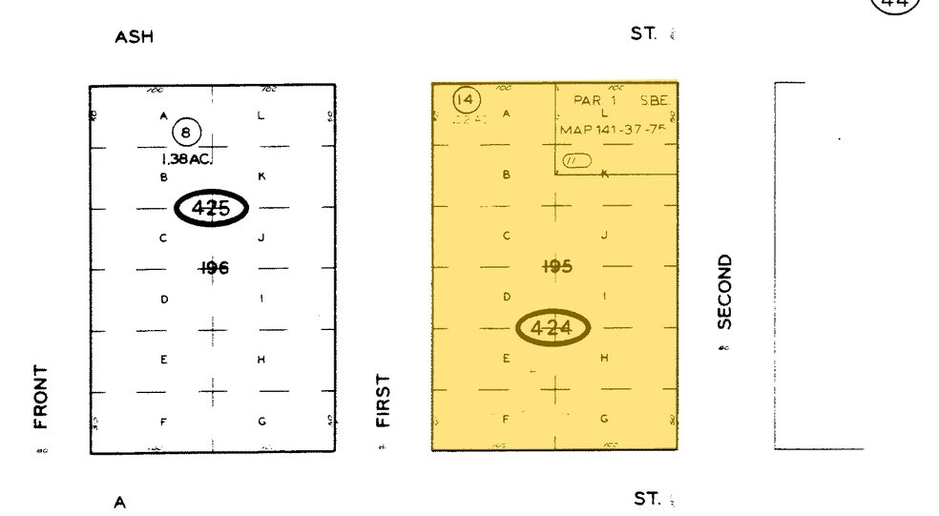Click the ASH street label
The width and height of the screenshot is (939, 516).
134,37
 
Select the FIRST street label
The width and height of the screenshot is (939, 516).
384,401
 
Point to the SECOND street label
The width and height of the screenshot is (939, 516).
724,292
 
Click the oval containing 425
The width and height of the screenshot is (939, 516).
211,208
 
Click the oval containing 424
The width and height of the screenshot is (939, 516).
553,329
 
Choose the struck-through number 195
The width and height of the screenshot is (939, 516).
556,267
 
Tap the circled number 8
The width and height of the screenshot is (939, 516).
184,134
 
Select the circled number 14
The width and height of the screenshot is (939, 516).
466,99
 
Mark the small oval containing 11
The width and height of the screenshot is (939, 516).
576,160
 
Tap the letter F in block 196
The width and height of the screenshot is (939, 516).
163,422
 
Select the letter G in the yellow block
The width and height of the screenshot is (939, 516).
604,419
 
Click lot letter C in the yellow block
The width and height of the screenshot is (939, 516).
507,236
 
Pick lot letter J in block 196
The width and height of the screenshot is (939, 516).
261,237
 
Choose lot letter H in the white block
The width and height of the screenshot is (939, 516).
261,360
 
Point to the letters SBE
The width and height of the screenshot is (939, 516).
656,100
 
